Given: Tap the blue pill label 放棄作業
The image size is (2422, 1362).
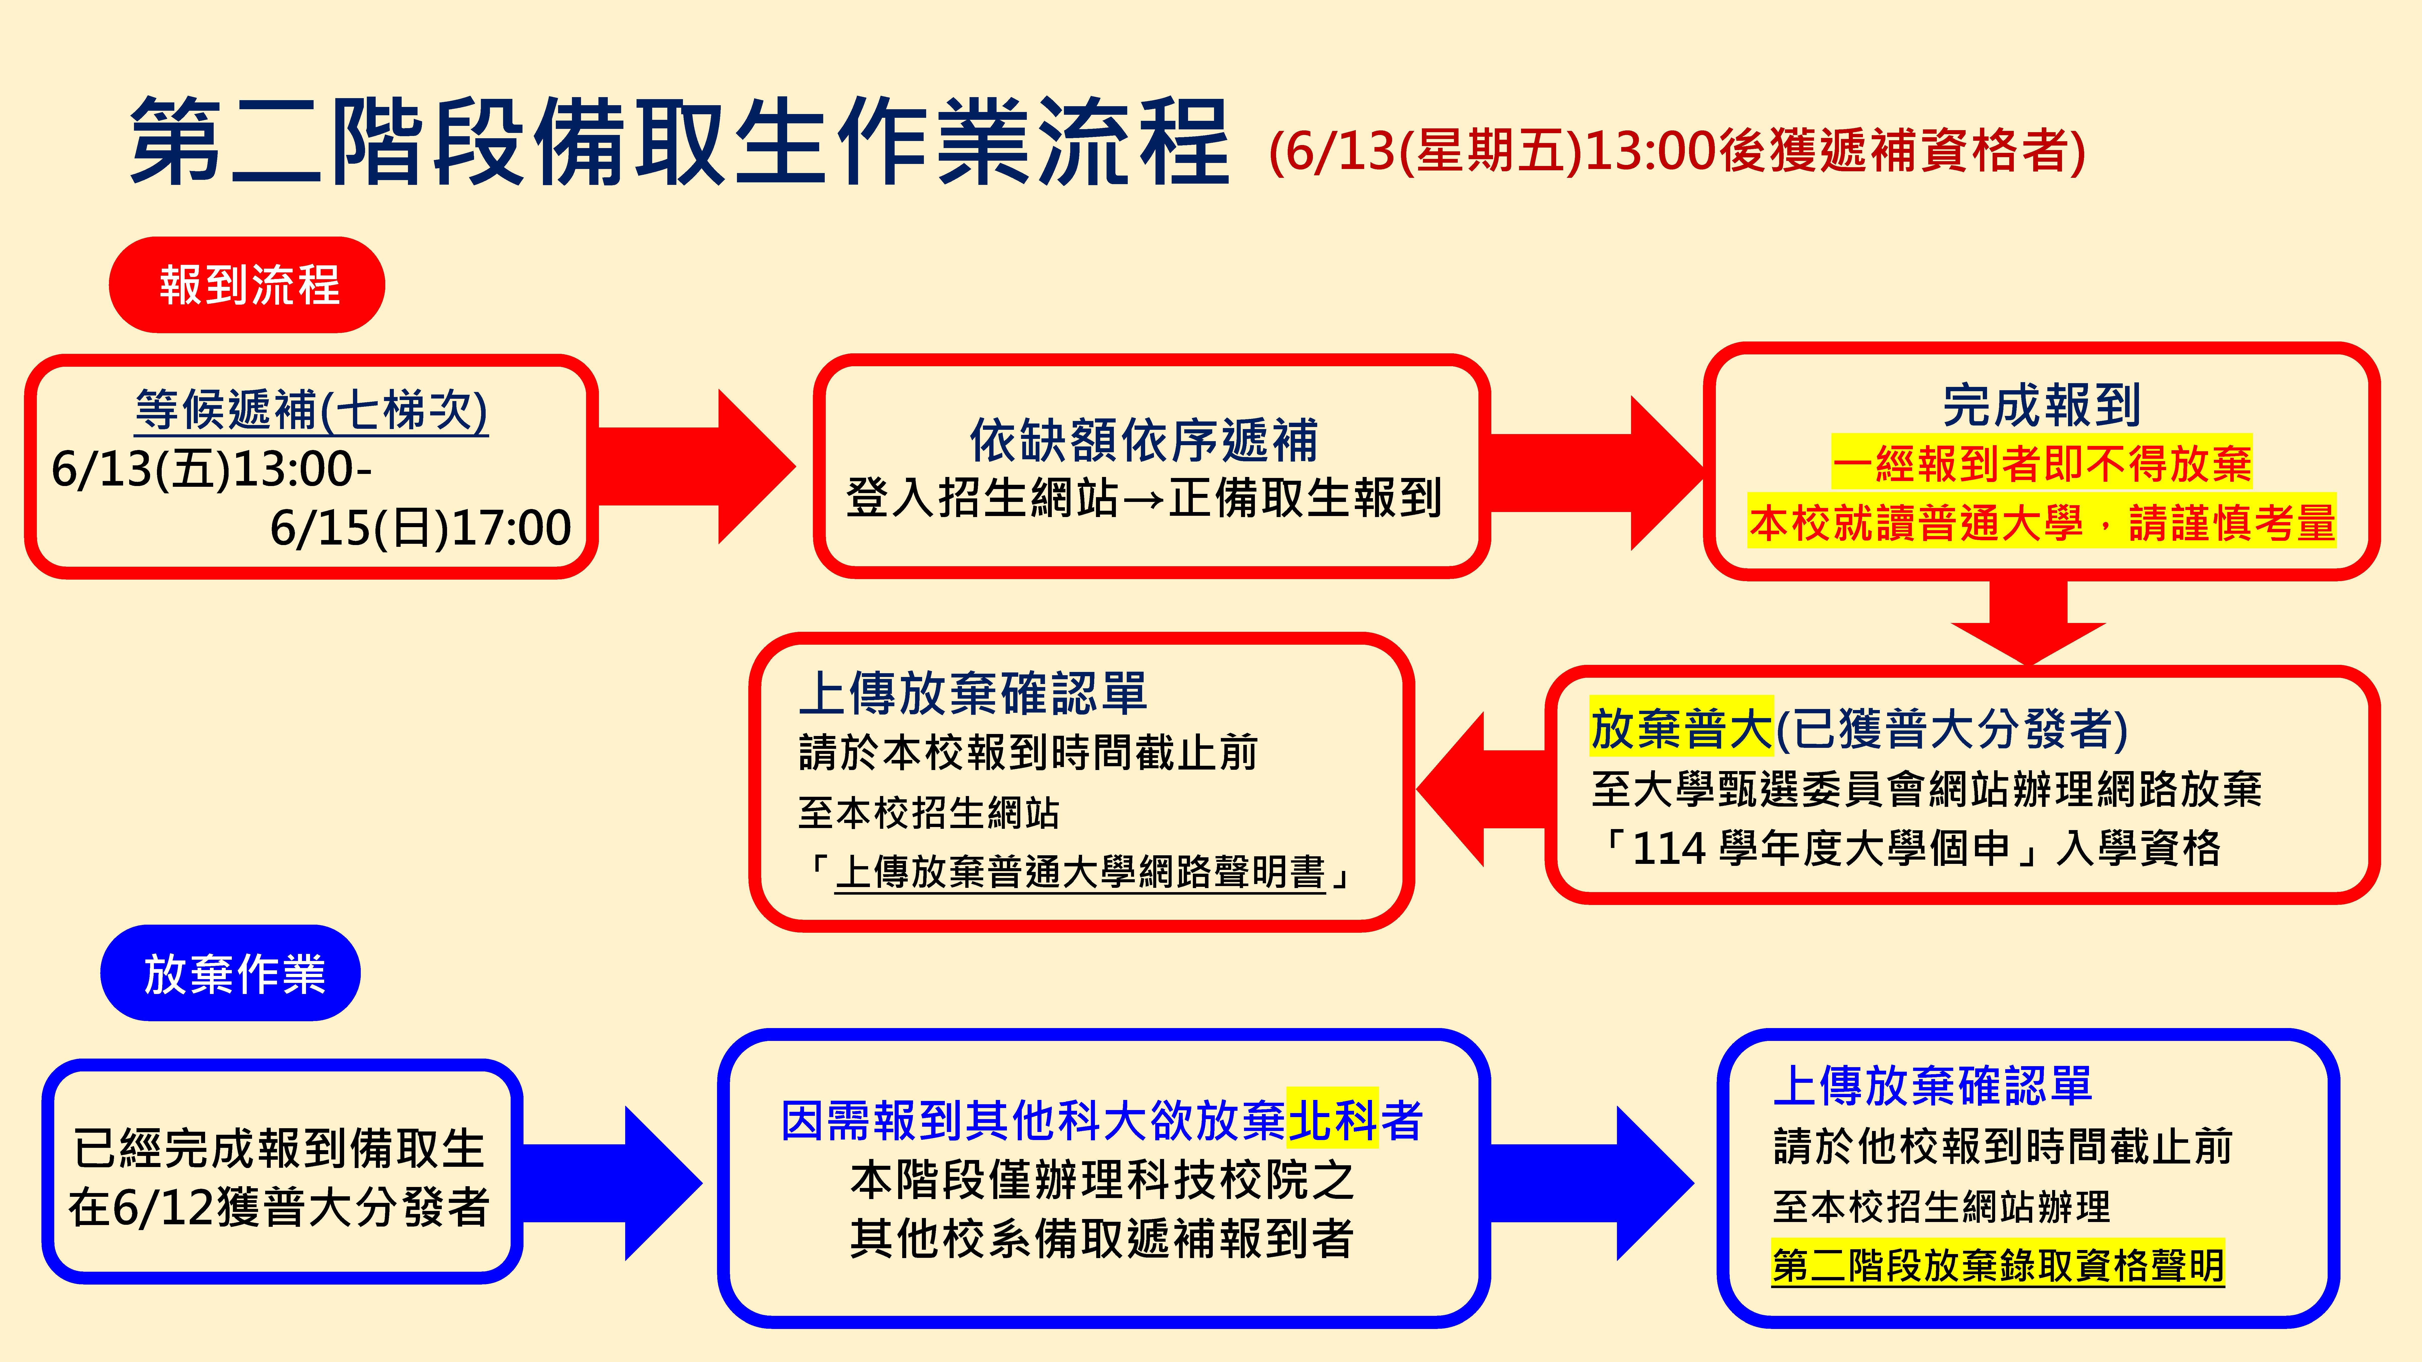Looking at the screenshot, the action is point(230,973).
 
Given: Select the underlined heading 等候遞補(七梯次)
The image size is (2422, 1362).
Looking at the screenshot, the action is point(311,410).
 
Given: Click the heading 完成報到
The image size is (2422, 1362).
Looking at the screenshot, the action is point(2041,405).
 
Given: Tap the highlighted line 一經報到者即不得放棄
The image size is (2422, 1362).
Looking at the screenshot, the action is point(2041,463).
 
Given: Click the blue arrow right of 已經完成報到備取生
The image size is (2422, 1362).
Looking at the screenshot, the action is point(611,1183).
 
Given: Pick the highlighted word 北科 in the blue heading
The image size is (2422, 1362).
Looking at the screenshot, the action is point(1332,1120).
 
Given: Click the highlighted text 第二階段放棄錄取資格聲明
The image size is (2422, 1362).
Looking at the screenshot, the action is point(1998,1264).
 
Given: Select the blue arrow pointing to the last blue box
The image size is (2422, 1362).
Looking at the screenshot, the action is point(1591,1183).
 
